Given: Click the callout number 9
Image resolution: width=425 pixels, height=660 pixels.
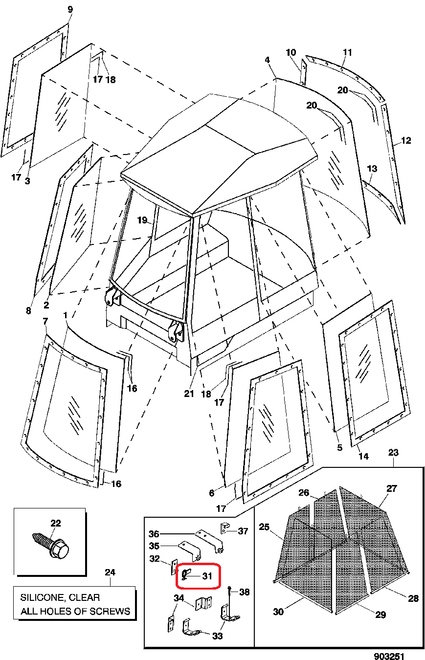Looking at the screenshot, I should tap(69, 9).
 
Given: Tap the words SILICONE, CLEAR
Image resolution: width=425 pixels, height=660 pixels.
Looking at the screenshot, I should tap(60, 597).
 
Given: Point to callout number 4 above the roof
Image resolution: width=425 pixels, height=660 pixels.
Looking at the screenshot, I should tap(267, 60).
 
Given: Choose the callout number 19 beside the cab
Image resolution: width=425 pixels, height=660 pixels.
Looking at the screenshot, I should tap(142, 220).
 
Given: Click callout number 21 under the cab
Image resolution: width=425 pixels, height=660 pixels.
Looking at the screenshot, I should tap(189, 394).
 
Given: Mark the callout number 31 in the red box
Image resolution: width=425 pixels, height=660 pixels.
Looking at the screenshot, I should tap(207, 576).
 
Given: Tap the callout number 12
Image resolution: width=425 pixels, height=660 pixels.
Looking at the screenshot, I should tap(406, 141).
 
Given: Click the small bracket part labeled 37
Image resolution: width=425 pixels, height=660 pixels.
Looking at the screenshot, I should tap(224, 528).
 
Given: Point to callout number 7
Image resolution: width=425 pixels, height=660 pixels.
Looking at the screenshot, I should tap(45, 321).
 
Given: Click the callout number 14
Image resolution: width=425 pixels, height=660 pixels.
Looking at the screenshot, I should tap(363, 457).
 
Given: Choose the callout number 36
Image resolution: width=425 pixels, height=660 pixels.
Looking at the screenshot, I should tap(154, 533).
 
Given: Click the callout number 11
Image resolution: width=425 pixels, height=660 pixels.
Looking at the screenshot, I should tap(348, 52).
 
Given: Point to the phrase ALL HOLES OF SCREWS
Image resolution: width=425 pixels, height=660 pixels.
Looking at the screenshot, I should tap(75, 611).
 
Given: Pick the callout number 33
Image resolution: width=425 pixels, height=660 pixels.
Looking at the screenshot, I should tap(218, 636).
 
